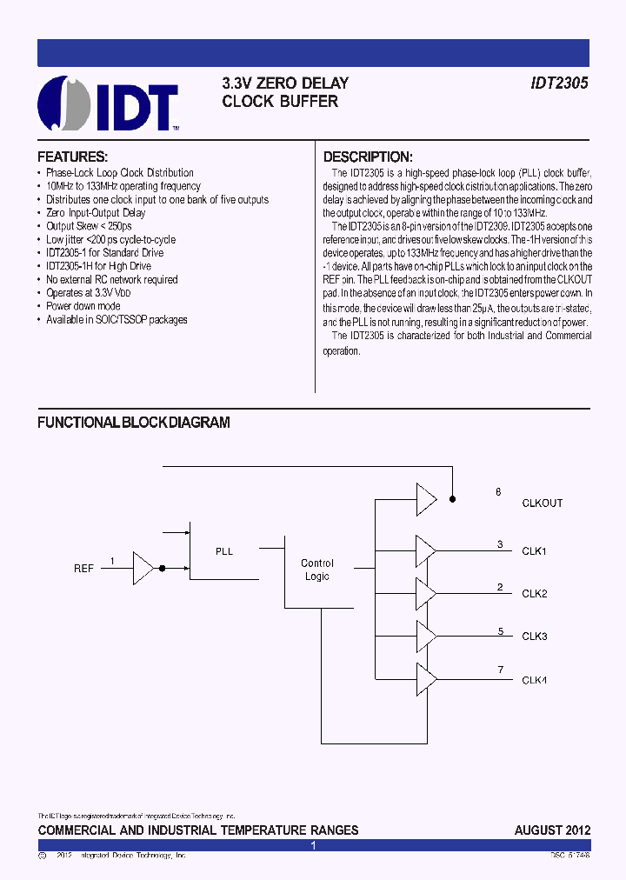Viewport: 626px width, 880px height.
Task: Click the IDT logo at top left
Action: point(108,103)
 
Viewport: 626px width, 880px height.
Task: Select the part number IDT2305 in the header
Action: point(560,83)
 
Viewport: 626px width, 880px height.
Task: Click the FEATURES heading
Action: point(72,157)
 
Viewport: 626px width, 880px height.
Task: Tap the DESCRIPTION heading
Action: point(367,157)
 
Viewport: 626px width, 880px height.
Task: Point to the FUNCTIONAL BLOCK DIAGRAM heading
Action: point(133,423)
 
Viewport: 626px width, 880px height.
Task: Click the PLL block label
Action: point(224,551)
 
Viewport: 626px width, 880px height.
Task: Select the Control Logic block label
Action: point(317,570)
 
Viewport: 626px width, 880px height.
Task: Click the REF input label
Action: point(83,569)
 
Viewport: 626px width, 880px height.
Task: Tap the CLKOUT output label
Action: point(542,503)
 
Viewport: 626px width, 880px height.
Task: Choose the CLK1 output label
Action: point(534,551)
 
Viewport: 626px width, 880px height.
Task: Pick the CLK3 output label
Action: point(534,637)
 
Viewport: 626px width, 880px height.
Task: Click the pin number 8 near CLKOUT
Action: point(498,492)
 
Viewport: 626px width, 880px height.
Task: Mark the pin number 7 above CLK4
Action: point(500,669)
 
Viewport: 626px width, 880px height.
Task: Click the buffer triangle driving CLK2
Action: point(426,594)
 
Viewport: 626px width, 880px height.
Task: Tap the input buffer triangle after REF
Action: point(143,569)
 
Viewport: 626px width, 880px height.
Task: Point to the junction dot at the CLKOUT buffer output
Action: point(452,499)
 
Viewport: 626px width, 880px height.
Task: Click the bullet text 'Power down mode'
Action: point(83,306)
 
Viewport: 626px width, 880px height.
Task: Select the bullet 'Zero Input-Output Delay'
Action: point(96,213)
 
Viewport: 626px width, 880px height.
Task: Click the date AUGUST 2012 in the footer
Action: point(552,830)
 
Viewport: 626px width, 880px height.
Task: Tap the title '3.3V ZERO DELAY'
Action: point(285,83)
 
